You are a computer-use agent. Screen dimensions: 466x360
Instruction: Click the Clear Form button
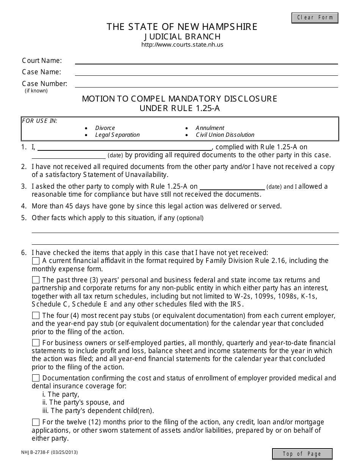[x=315, y=18]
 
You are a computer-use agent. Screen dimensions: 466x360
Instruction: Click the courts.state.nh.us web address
[x=182, y=45]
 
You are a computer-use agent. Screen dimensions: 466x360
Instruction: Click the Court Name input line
[x=206, y=61]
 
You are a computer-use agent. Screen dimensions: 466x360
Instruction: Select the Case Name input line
[x=206, y=72]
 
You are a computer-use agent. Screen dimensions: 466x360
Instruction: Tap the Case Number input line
[x=206, y=84]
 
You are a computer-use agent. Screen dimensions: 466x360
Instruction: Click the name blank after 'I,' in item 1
[x=125, y=147]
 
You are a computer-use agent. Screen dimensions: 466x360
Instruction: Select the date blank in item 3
[x=232, y=186]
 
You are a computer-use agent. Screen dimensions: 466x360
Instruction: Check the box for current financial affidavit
[x=36, y=261]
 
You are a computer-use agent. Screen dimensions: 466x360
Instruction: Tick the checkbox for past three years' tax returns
[x=36, y=280]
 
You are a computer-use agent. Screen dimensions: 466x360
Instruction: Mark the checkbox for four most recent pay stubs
[x=36, y=316]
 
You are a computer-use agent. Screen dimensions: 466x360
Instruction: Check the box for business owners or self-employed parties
[x=36, y=343]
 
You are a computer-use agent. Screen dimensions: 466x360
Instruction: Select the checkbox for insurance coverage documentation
[x=36, y=378]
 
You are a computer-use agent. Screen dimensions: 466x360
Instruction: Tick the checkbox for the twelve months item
[x=36, y=422]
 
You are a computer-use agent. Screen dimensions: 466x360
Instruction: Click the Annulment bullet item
[x=210, y=128]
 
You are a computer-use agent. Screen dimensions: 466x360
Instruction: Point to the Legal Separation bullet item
[x=117, y=135]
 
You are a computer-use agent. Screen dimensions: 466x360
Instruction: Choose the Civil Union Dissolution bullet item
[x=225, y=135]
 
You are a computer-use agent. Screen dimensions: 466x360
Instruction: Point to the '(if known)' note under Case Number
[x=36, y=91]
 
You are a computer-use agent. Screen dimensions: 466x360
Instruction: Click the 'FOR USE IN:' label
[x=40, y=121]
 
